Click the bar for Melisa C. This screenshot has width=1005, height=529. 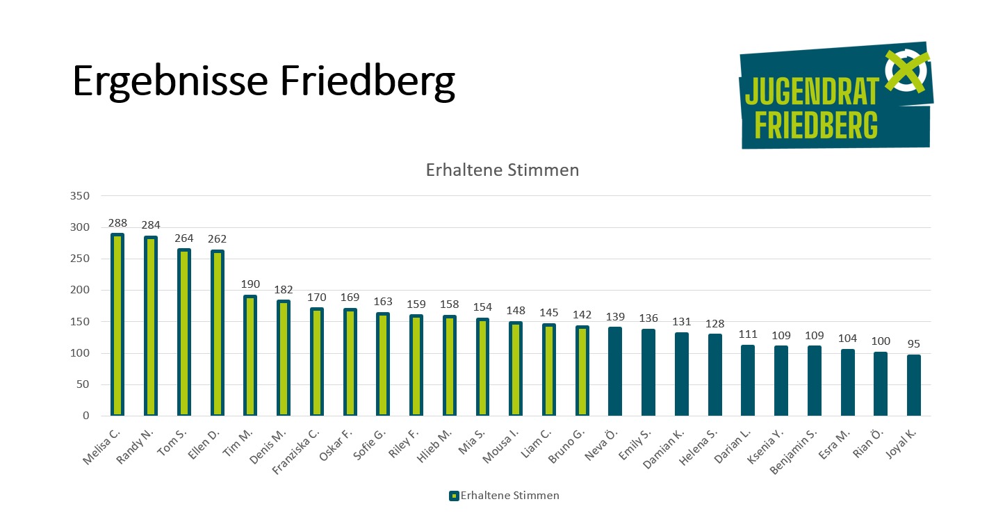click(117, 325)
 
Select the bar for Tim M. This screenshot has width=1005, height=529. click(250, 355)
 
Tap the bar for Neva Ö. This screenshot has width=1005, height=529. click(615, 371)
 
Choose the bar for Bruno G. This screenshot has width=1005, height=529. click(582, 371)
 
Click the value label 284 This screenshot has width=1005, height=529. click(151, 225)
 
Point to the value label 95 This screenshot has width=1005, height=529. click(914, 344)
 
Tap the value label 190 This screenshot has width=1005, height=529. click(250, 284)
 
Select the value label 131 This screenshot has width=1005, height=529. click(682, 321)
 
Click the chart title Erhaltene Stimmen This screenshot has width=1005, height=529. click(502, 170)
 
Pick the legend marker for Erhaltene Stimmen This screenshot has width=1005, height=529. click(454, 496)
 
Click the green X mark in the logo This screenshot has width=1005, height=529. click(906, 71)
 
